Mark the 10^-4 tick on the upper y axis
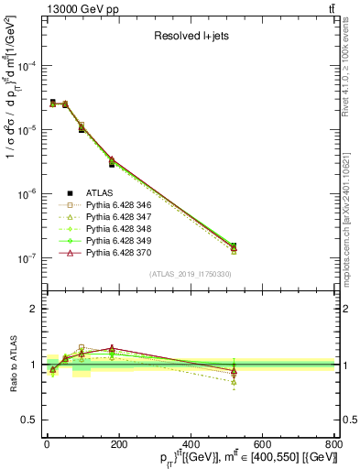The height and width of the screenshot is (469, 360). click(27, 66)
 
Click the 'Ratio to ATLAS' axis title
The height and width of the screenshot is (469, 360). click(12, 364)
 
